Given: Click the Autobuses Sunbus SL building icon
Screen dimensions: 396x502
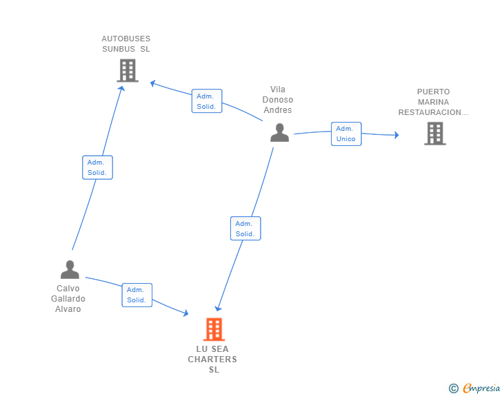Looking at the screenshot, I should click(x=128, y=70).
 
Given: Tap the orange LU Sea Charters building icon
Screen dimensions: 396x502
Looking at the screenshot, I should click(x=214, y=329).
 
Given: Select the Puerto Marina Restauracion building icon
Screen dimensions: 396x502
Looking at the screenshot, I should click(x=434, y=134).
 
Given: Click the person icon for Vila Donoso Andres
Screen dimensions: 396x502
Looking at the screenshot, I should click(x=279, y=132).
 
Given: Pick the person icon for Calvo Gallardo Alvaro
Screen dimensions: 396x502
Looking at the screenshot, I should click(x=70, y=269).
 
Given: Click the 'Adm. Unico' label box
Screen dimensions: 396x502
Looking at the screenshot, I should click(x=345, y=134).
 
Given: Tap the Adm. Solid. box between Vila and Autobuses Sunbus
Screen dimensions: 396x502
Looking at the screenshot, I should click(x=206, y=101).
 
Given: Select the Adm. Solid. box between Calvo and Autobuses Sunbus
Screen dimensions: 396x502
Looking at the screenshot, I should click(x=97, y=167).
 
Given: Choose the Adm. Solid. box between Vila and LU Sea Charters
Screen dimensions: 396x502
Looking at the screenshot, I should click(x=245, y=229).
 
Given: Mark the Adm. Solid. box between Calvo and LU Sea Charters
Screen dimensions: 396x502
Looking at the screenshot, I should click(x=137, y=295).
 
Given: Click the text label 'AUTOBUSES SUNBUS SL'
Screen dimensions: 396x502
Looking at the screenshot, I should click(x=125, y=44).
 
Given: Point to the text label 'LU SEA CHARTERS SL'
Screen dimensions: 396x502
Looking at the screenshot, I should click(x=213, y=359).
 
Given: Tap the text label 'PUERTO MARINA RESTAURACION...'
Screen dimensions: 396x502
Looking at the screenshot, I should click(x=433, y=102).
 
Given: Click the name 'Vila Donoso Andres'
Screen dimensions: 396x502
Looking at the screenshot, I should click(x=278, y=100).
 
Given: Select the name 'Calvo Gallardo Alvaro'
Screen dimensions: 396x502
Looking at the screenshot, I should click(x=68, y=299).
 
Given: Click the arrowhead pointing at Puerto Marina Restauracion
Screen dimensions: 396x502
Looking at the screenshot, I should click(x=396, y=135).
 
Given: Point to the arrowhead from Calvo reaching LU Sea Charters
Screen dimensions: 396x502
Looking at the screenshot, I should click(x=185, y=313).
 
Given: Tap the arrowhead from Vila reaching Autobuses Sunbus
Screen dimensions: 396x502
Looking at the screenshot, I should click(x=153, y=83).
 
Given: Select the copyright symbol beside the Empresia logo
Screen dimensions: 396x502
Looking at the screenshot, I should click(x=453, y=389).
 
